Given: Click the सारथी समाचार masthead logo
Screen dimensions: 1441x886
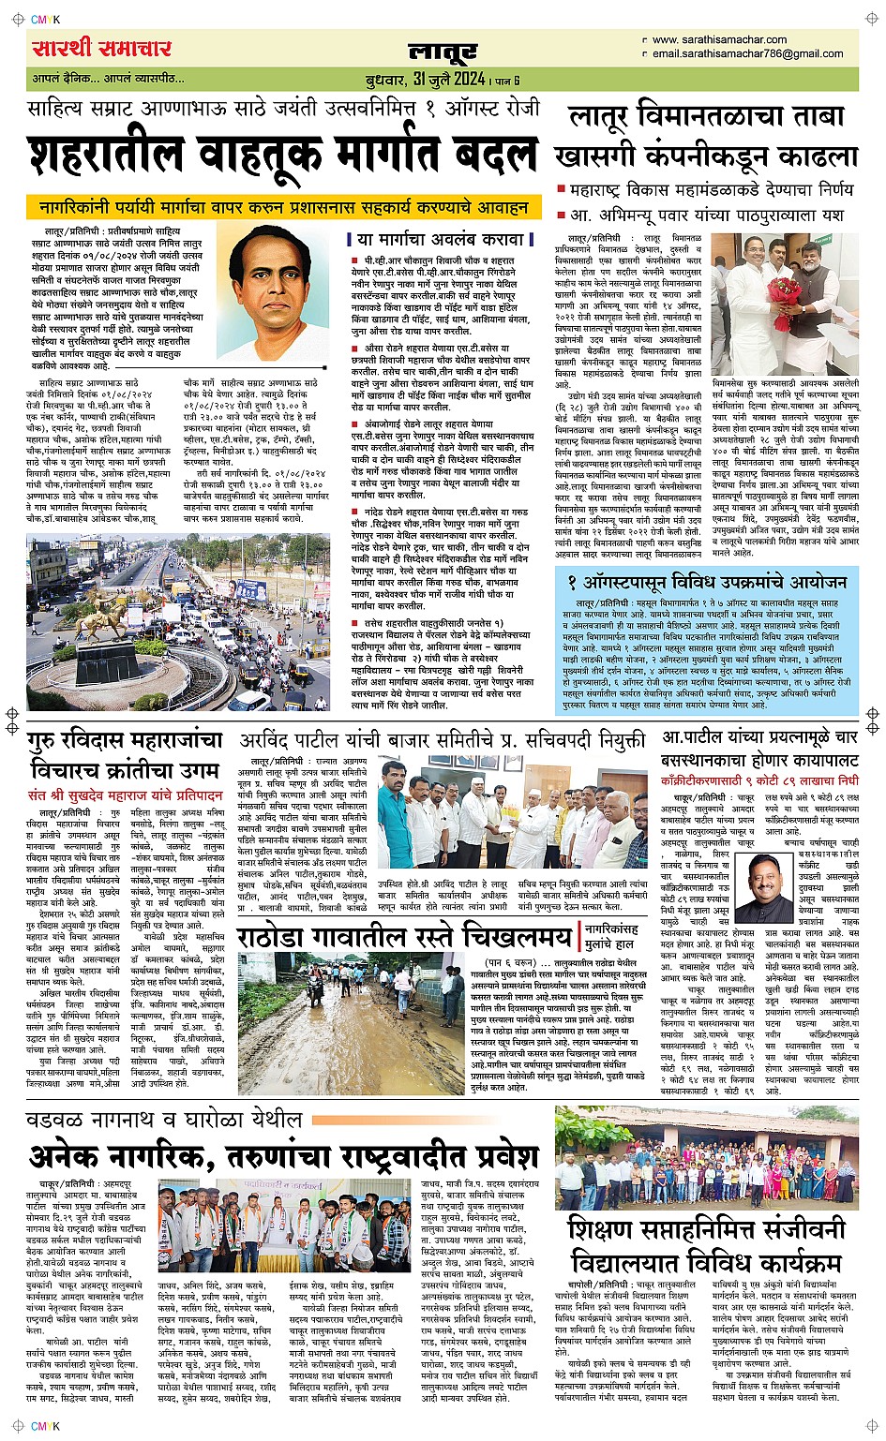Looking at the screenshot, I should [101, 49].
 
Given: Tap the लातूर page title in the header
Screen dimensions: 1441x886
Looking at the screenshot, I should [443, 52].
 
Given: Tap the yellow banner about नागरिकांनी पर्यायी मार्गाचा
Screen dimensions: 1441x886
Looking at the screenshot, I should [284, 207].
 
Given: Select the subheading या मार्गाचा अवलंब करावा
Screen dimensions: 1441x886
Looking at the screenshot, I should [441, 239].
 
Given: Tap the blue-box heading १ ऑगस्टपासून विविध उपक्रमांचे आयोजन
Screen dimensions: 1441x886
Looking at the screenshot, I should [707, 582].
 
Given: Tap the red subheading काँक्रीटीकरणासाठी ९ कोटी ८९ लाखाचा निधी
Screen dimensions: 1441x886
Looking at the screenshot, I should [759, 780].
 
